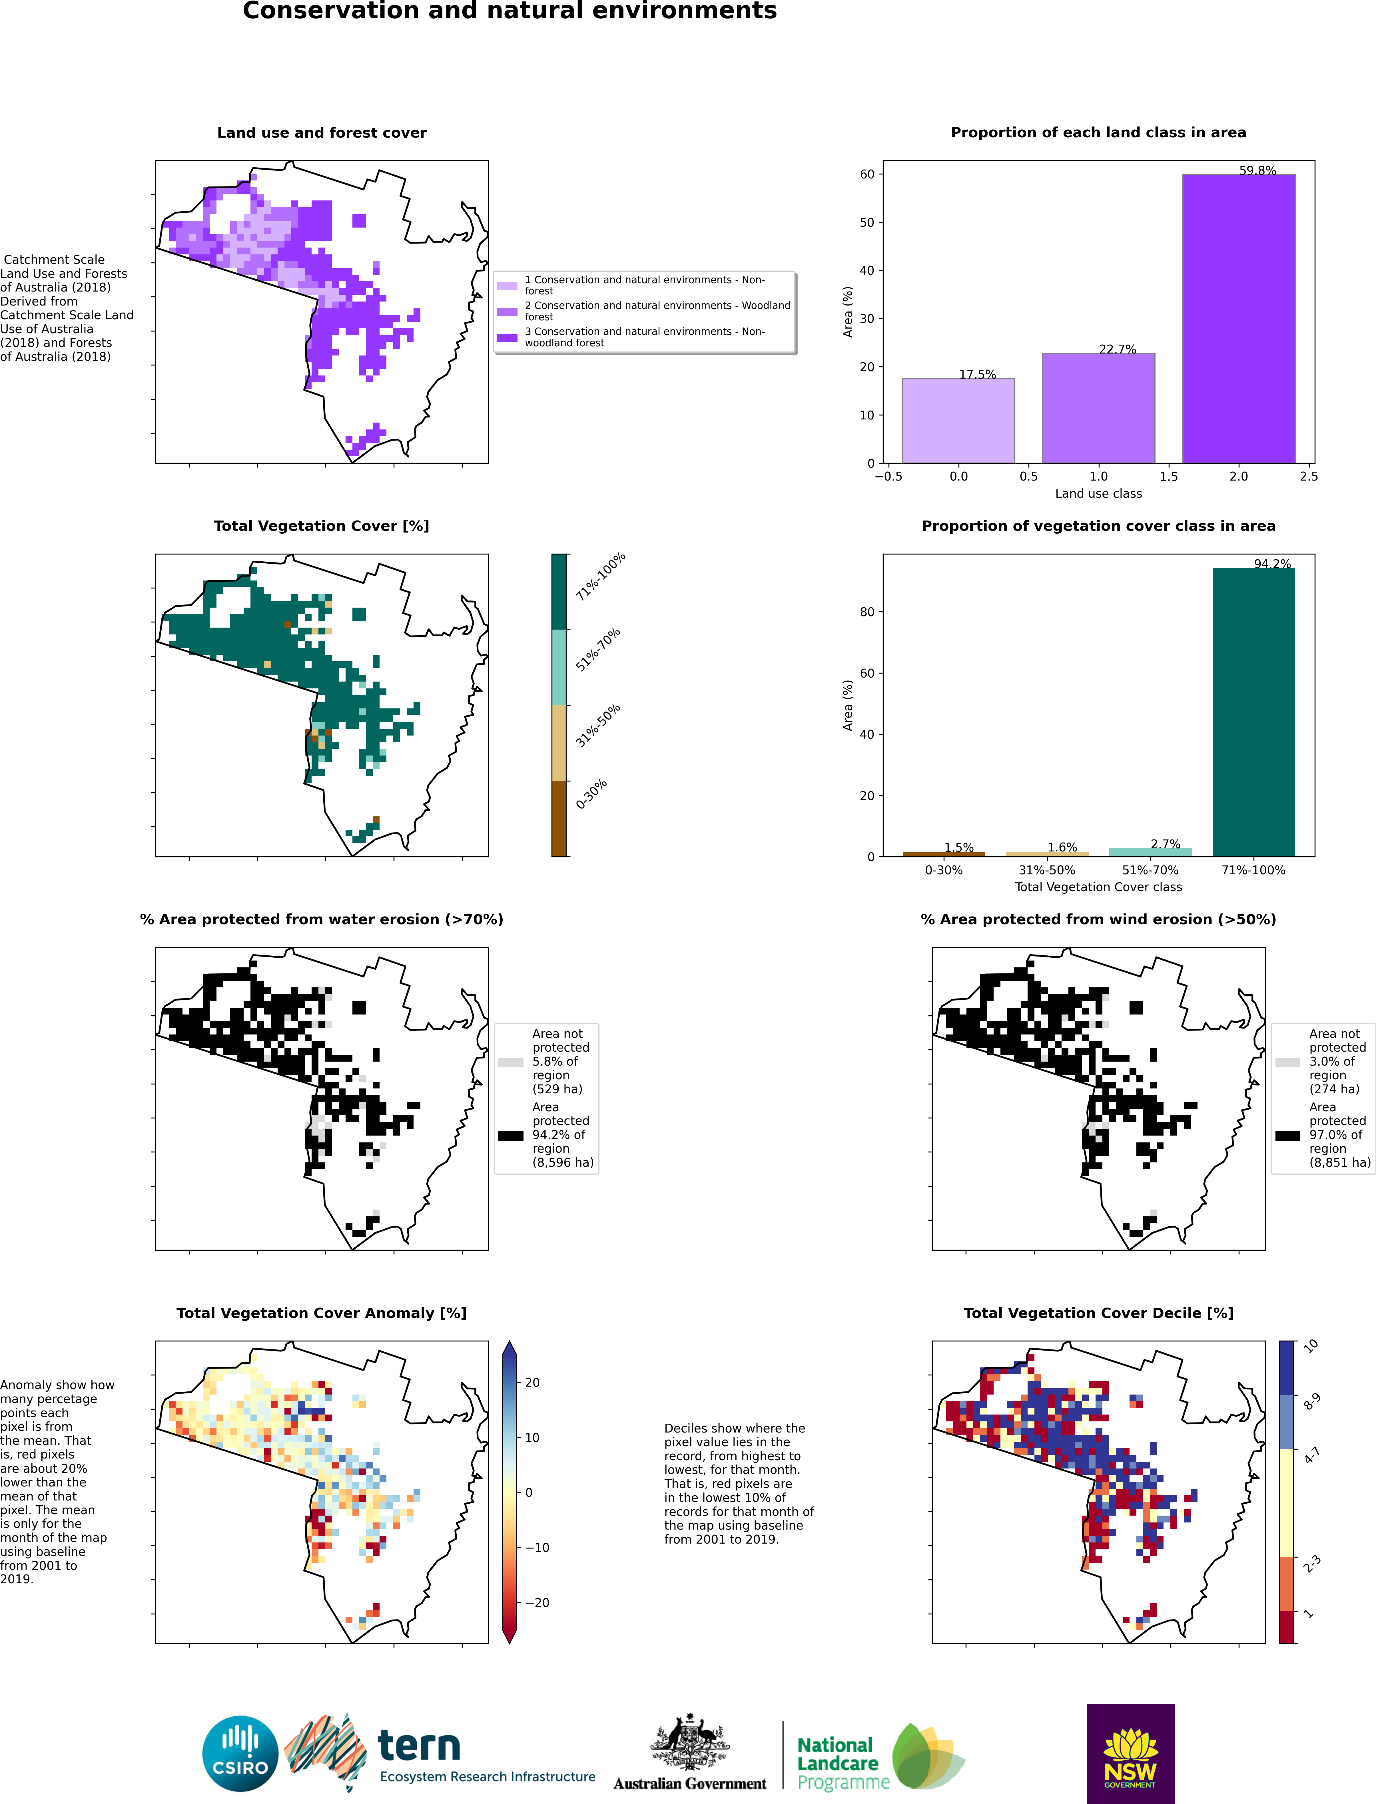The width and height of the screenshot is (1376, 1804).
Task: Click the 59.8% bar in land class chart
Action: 1238,319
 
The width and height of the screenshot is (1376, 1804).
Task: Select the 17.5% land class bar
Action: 958,421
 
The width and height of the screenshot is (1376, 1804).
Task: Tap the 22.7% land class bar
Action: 1098,408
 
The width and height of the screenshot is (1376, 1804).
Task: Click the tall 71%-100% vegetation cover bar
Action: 1253,712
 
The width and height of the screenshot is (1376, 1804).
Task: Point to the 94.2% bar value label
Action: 1272,563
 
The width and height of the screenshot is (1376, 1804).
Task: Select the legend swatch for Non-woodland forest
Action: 507,338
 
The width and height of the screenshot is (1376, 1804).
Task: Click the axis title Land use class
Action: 1098,493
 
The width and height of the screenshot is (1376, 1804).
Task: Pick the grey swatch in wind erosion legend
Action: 1287,1062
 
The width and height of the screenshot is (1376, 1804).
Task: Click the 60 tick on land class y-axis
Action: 866,174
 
